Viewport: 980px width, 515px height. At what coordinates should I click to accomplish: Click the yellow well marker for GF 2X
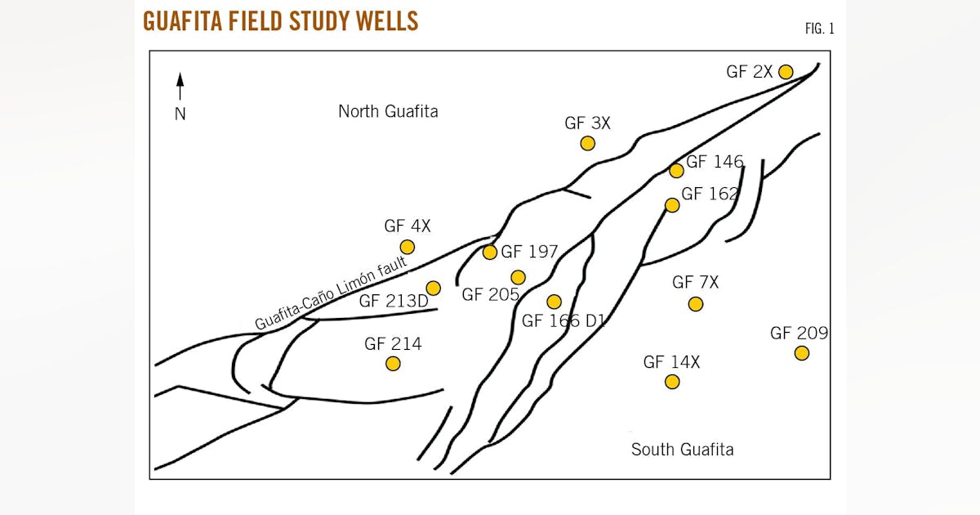786,72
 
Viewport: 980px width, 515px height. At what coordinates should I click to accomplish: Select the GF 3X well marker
587,143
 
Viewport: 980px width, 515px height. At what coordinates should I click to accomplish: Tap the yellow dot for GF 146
676,171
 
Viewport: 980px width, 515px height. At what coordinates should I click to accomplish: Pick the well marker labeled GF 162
672,205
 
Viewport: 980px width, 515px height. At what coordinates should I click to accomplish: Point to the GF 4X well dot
408,247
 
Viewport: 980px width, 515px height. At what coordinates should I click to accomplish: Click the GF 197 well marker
490,253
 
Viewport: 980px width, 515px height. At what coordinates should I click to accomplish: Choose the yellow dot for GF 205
518,277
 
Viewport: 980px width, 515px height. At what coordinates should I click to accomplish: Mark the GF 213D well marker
434,288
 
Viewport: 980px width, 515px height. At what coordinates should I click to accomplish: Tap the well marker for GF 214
393,363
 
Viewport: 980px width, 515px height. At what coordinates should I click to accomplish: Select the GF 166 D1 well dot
555,302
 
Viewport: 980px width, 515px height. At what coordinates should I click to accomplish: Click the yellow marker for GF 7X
696,304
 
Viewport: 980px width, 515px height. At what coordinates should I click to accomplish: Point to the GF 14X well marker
672,382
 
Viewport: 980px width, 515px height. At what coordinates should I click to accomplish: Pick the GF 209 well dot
802,353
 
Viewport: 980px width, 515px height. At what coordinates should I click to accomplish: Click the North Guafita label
388,111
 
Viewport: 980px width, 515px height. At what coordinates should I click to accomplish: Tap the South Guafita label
682,450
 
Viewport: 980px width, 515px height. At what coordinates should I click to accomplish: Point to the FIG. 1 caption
820,29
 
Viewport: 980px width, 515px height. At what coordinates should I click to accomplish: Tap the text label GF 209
799,334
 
